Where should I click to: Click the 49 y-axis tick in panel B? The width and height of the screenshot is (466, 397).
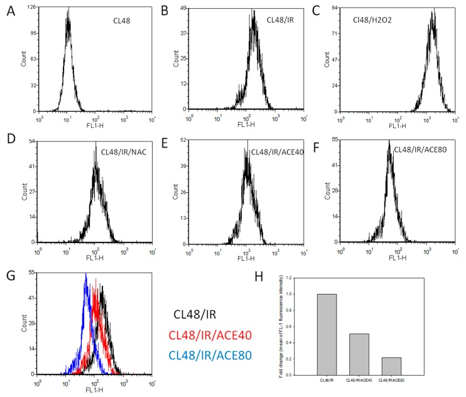coord(183,8)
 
